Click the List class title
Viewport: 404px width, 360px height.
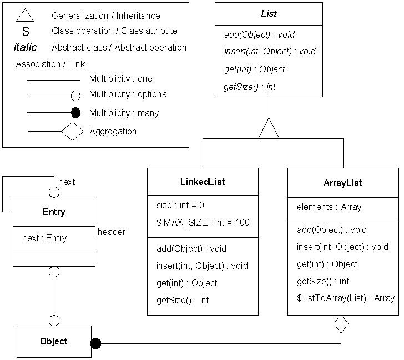pos(269,13)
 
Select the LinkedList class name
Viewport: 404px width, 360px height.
pos(203,182)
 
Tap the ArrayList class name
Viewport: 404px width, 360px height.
pos(342,183)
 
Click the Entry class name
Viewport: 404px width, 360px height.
pos(54,212)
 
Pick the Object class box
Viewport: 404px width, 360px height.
pos(54,341)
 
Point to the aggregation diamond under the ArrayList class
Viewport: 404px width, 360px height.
pos(341,324)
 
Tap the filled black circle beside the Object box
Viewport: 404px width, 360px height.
pos(96,343)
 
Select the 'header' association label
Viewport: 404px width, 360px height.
pos(112,232)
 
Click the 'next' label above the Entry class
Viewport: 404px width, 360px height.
pos(67,182)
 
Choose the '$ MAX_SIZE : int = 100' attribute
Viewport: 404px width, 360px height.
pos(203,222)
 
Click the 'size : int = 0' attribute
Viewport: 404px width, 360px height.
pos(180,205)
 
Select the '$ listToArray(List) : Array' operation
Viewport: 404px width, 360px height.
pos(346,298)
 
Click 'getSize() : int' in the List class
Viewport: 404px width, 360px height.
pos(250,87)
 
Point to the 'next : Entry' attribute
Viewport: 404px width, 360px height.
pos(44,238)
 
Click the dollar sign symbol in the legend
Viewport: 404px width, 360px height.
pos(25,32)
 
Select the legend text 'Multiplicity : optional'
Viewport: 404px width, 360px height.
pos(129,94)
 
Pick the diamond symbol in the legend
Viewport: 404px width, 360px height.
pos(72,132)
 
